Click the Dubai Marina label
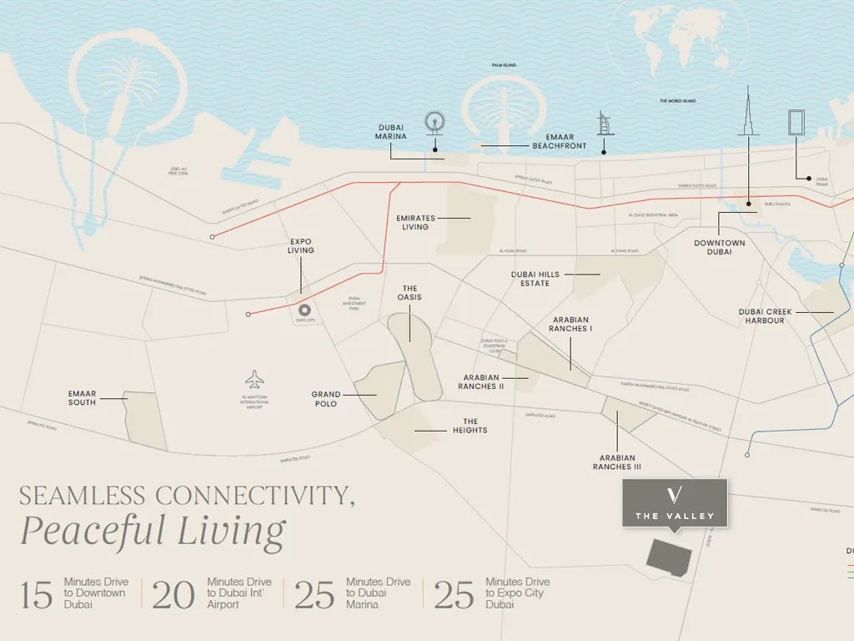(x=390, y=133)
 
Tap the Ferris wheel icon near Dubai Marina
(x=435, y=124)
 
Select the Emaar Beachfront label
(x=560, y=142)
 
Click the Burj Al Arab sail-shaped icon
(x=604, y=125)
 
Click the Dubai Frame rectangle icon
(x=796, y=124)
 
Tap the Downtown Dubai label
(x=719, y=248)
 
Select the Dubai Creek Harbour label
(x=766, y=316)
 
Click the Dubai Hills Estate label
(x=535, y=279)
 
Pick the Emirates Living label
(x=415, y=223)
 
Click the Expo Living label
(x=301, y=246)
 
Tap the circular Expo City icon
(x=304, y=310)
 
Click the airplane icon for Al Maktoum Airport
(x=255, y=379)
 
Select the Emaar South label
(x=83, y=398)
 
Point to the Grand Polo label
(x=326, y=399)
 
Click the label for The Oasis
(x=409, y=293)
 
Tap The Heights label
(x=470, y=426)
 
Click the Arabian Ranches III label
(x=617, y=462)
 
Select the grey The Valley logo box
(x=675, y=503)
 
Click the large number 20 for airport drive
(x=173, y=594)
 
